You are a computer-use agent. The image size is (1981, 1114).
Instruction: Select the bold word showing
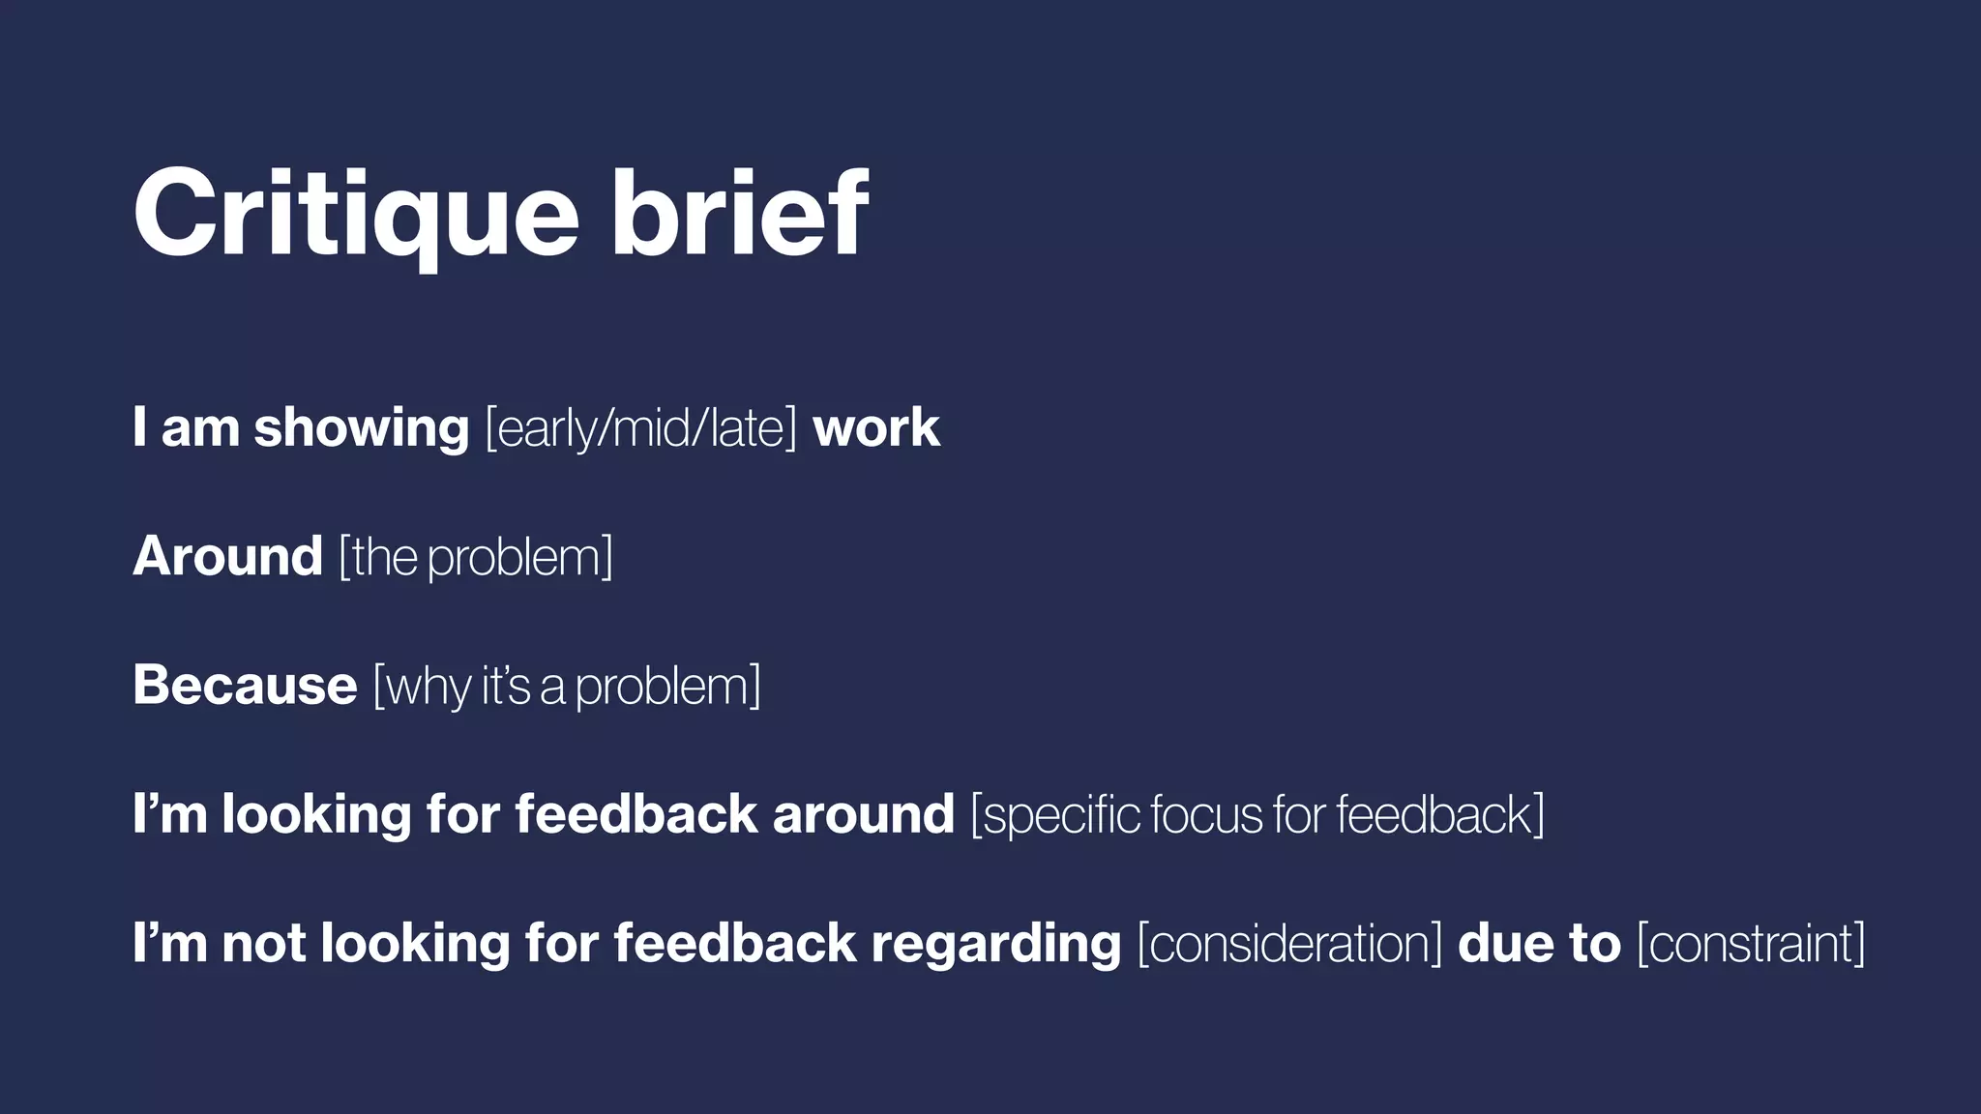[361, 428]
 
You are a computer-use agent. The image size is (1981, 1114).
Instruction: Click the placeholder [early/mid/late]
[640, 428]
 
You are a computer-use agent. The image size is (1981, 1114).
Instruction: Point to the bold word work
[876, 428]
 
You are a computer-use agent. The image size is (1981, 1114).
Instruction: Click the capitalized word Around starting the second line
[227, 557]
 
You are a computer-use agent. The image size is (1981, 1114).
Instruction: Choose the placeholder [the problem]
[476, 558]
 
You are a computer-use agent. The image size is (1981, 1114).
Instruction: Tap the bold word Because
[245, 686]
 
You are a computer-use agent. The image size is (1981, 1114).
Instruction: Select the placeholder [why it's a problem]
[567, 687]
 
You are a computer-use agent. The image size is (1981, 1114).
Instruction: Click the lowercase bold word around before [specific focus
[863, 814]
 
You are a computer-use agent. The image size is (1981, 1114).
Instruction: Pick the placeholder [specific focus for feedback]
[1257, 815]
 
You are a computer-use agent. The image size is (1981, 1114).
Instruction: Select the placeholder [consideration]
[1289, 944]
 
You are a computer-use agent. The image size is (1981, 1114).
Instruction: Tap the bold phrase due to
[1539, 943]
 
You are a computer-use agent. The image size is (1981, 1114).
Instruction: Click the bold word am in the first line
[199, 428]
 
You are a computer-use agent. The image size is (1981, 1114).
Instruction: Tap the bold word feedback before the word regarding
[734, 943]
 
